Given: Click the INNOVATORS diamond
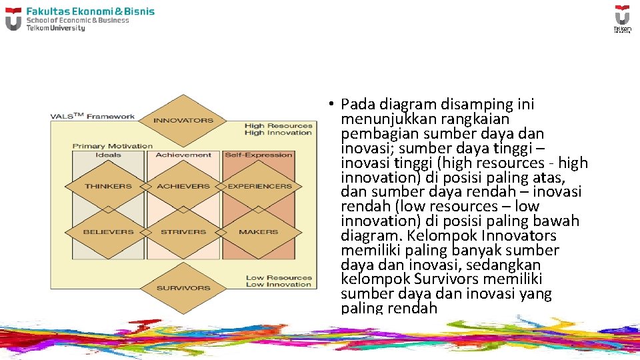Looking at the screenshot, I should click(183, 121).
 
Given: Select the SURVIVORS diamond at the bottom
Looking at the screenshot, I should click(183, 288).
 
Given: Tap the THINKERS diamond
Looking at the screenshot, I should click(109, 187).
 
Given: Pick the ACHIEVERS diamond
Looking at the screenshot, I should click(183, 187).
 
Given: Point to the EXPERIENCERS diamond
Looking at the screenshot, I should click(259, 187).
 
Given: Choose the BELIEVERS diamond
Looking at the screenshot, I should click(109, 232).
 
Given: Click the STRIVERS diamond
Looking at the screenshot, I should click(183, 232).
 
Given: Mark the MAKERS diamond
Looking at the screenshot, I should click(258, 232).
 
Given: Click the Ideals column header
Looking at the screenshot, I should click(109, 155).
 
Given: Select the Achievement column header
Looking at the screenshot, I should click(183, 155).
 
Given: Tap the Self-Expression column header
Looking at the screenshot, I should click(259, 155).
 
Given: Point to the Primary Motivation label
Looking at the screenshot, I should click(113, 146).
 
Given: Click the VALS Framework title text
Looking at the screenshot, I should click(93, 117).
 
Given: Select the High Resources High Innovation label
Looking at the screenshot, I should click(278, 129).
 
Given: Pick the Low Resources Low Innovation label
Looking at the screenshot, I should click(279, 281).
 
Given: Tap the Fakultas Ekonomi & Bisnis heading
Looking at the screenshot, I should click(90, 11).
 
